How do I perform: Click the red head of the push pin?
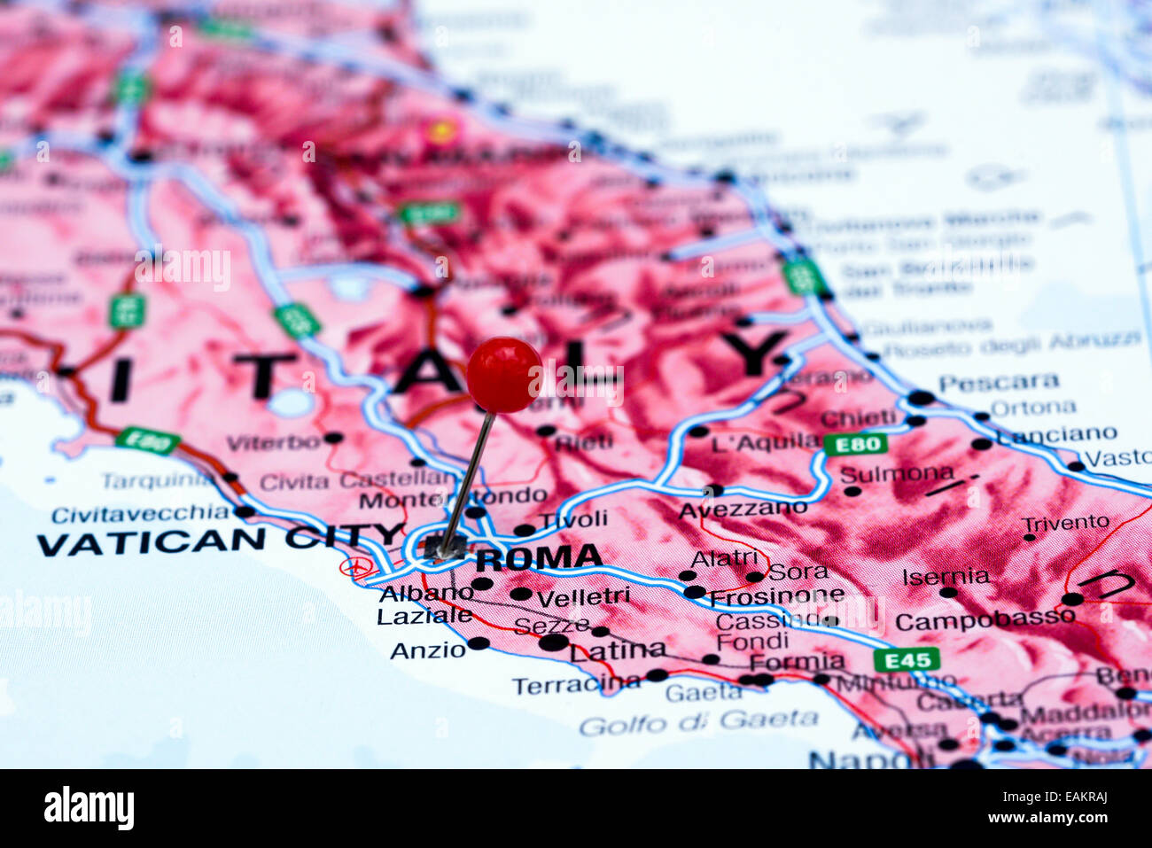pyautogui.click(x=503, y=374)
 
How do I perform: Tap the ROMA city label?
pyautogui.click(x=539, y=557)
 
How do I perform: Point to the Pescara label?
pyautogui.click(x=999, y=383)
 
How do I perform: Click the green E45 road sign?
pyautogui.click(x=906, y=659)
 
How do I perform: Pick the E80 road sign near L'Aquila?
pyautogui.click(x=854, y=444)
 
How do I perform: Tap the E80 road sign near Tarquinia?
pyautogui.click(x=147, y=440)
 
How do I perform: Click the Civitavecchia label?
pyautogui.click(x=140, y=514)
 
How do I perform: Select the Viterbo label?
pyautogui.click(x=273, y=442)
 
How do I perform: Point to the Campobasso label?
pyautogui.click(x=985, y=620)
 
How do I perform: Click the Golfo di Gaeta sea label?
pyautogui.click(x=698, y=721)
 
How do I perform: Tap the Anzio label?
pyautogui.click(x=428, y=650)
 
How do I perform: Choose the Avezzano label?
pyautogui.click(x=743, y=510)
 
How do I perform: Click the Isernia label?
pyautogui.click(x=946, y=577)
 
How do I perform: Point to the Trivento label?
pyautogui.click(x=1064, y=522)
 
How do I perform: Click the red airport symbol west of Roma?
pyautogui.click(x=355, y=566)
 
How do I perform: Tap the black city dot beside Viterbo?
pyautogui.click(x=332, y=438)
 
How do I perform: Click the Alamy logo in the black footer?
pyautogui.click(x=90, y=808)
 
